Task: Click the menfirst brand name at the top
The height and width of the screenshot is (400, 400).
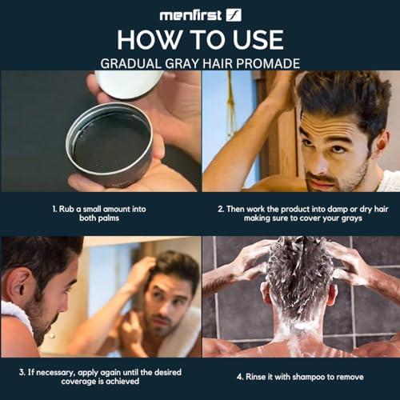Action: [x=190, y=14]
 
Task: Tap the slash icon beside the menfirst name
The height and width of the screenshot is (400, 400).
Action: [x=234, y=14]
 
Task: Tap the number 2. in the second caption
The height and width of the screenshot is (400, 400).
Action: [x=221, y=206]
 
